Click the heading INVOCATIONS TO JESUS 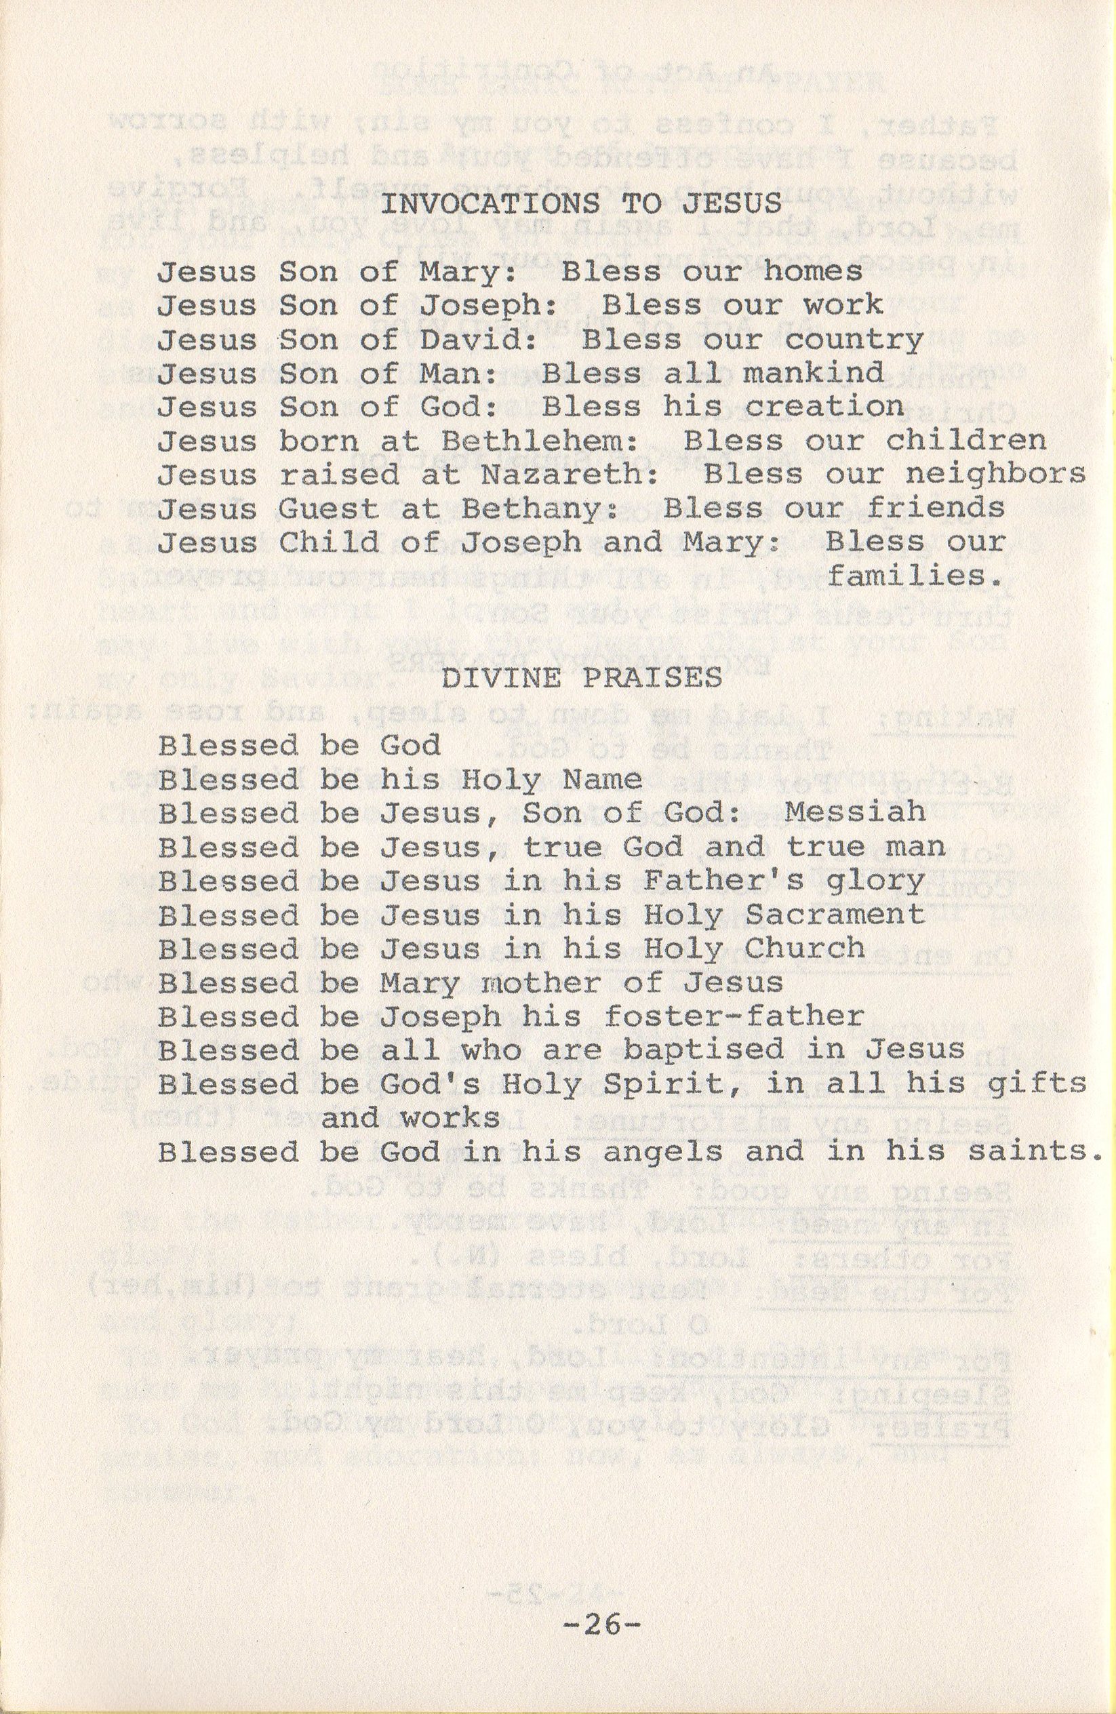click(580, 204)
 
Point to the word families click(915, 577)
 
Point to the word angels click(662, 1152)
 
